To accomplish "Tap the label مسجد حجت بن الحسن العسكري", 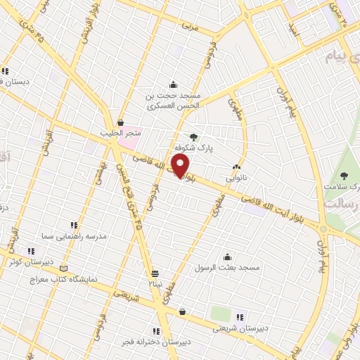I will tap(174, 101).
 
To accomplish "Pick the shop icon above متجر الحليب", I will tap(121, 122).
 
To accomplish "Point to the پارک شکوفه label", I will tap(193, 148).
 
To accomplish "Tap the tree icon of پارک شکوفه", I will tap(194, 137).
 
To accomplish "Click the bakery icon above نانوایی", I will tap(236, 167).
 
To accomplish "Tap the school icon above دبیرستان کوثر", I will tap(30, 251).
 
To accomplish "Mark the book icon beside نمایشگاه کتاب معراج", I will tap(65, 269).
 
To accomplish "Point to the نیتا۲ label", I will tap(155, 283).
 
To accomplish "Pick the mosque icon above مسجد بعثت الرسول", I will tap(226, 257).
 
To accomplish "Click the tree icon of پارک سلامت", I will tap(344, 176).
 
